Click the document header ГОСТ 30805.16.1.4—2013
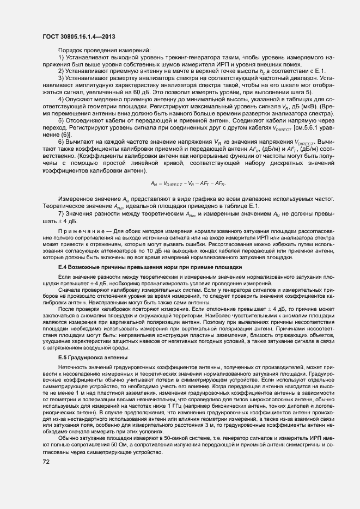(78, 36)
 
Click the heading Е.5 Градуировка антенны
(93, 357)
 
